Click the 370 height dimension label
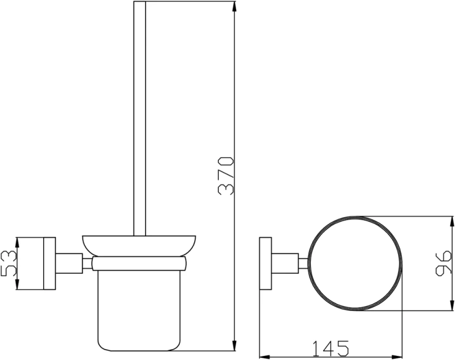(225, 176)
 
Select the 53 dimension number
(9, 263)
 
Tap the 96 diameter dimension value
(443, 263)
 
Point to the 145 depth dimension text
(330, 348)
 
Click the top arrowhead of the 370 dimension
(234, 6)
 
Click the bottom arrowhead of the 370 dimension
(234, 346)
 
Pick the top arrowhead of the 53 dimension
(17, 242)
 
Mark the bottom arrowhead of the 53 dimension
(17, 285)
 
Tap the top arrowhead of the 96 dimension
(452, 221)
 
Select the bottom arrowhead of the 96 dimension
(452, 305)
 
